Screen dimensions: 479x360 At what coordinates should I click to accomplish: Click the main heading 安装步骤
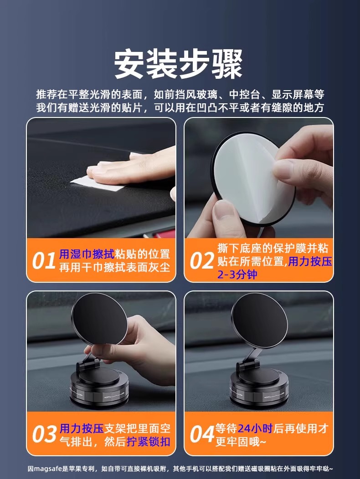point(178,65)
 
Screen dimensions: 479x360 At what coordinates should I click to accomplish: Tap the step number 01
point(44,261)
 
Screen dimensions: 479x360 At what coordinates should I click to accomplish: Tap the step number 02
point(201,261)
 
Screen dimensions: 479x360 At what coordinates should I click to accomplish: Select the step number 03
point(44,435)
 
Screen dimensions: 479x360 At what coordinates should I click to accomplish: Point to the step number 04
point(202,435)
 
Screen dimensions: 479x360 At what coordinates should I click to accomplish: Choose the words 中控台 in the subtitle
point(244,95)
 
